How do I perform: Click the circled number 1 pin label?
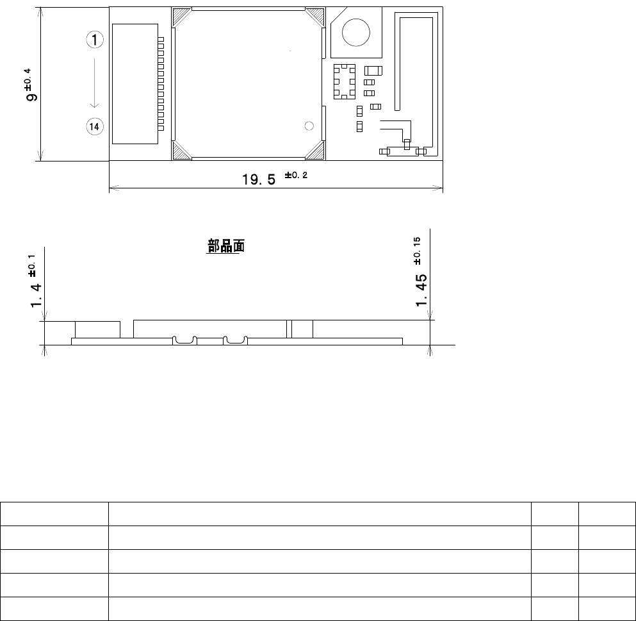coord(95,40)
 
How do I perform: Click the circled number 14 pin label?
coord(95,127)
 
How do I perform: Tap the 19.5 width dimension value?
coord(259,179)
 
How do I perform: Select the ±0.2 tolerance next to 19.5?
coord(296,176)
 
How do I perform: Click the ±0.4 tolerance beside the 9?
coord(28,79)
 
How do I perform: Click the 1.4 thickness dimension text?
coord(36,295)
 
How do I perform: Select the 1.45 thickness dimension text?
coord(421,290)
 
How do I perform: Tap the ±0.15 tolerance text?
coord(417,251)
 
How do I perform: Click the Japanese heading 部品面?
coord(226,246)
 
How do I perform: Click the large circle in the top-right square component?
coord(356,33)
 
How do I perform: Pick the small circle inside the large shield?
coord(309,126)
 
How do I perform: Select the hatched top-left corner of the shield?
coord(181,17)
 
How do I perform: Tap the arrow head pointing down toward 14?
coord(95,106)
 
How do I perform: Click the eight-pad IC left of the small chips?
coord(345,81)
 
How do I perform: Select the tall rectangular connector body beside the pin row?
coord(135,84)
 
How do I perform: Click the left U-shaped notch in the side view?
coord(184,341)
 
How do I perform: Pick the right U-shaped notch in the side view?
coord(235,341)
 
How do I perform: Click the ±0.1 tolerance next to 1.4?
coord(32,266)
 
